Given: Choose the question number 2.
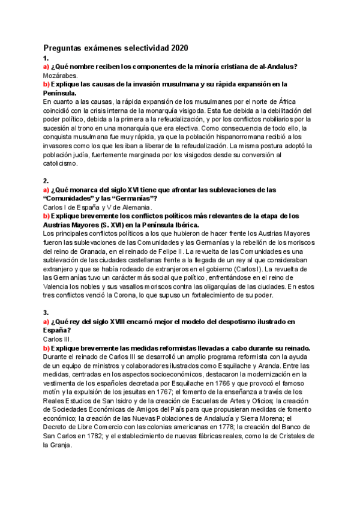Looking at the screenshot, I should coord(46,180).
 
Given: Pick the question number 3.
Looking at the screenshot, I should coord(46,313).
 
